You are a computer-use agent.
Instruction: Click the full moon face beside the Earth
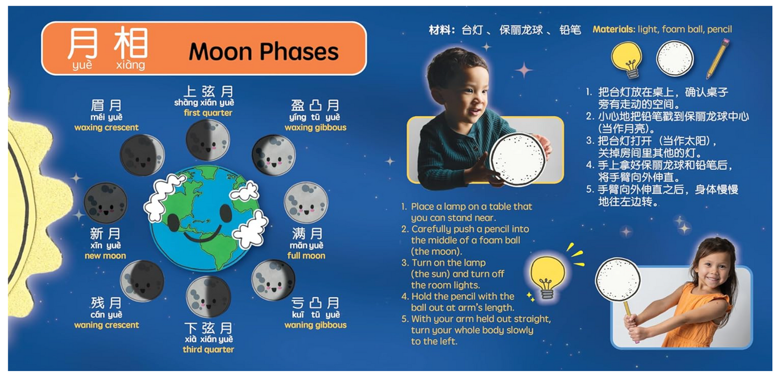[x=306, y=202]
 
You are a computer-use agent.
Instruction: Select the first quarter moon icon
[x=207, y=140]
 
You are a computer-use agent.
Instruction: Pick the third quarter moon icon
[x=208, y=296]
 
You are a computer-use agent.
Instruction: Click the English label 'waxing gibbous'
[x=315, y=128]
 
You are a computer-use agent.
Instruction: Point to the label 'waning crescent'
[x=106, y=325]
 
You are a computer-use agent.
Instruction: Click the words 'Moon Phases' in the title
[x=264, y=52]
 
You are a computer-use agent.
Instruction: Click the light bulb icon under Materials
[x=627, y=59]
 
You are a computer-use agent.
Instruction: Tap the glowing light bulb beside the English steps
[x=547, y=276]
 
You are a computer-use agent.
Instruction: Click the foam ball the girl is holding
[x=618, y=280]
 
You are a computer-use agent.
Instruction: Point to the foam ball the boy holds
[x=518, y=159]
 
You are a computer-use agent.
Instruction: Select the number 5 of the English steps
[x=404, y=319]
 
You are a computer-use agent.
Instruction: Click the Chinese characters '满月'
[x=306, y=233]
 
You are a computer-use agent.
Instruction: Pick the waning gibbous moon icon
[x=273, y=280]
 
